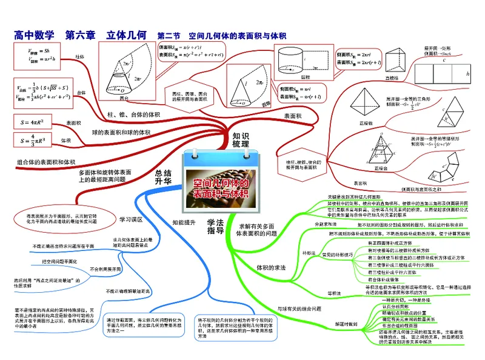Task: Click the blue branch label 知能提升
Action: click(x=184, y=222)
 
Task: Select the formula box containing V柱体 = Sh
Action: click(x=38, y=55)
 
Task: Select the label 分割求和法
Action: click(x=326, y=224)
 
